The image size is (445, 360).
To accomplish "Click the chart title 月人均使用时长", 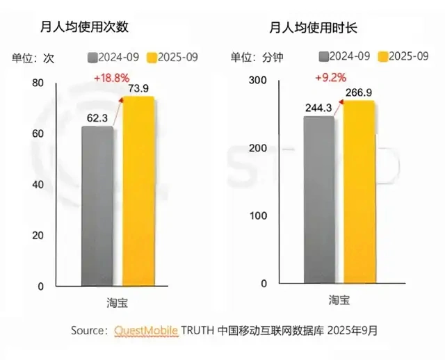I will [309, 28].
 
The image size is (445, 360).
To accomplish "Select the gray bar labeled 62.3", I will [97, 205].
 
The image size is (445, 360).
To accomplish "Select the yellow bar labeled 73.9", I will [139, 190].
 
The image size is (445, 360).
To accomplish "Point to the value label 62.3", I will [98, 117].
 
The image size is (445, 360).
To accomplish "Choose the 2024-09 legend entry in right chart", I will [345, 56].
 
